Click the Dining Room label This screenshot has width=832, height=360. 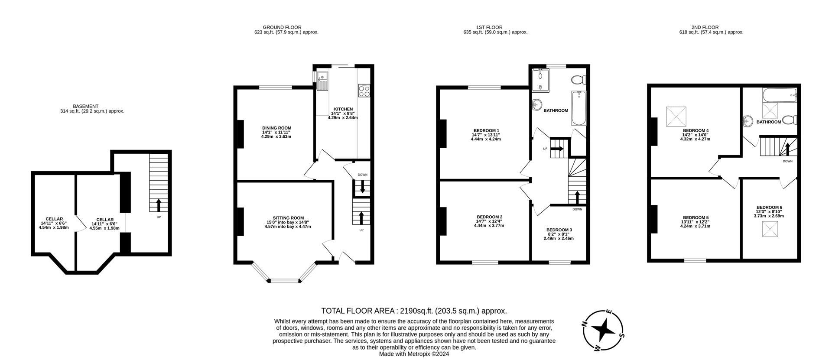pos(276,128)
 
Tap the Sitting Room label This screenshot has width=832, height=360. pos(288,218)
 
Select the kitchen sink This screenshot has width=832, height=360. pos(322,81)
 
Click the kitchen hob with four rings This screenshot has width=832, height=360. pos(364,91)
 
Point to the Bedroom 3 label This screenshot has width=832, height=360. pos(559,230)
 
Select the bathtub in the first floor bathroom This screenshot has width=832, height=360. pos(579,108)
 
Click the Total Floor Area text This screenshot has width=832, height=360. pos(414,311)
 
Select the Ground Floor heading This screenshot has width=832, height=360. pos(282,27)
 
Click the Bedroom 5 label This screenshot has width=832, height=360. pos(696,217)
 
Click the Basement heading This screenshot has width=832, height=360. pos(86,106)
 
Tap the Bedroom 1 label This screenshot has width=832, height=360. pos(486,130)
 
